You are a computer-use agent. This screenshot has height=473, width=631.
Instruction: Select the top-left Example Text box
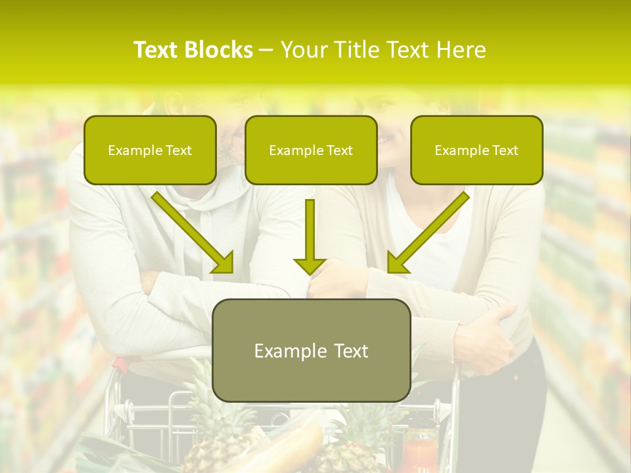pyautogui.click(x=150, y=150)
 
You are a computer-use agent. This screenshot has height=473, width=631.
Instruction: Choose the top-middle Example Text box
pyautogui.click(x=311, y=150)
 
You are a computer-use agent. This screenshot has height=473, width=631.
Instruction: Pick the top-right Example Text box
pyautogui.click(x=477, y=150)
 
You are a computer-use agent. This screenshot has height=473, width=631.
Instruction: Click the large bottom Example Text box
pyautogui.click(x=312, y=350)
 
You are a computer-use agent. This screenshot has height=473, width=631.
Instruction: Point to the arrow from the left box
pyautogui.click(x=193, y=233)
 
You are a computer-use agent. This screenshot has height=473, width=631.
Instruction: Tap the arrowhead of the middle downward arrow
pyautogui.click(x=310, y=265)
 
